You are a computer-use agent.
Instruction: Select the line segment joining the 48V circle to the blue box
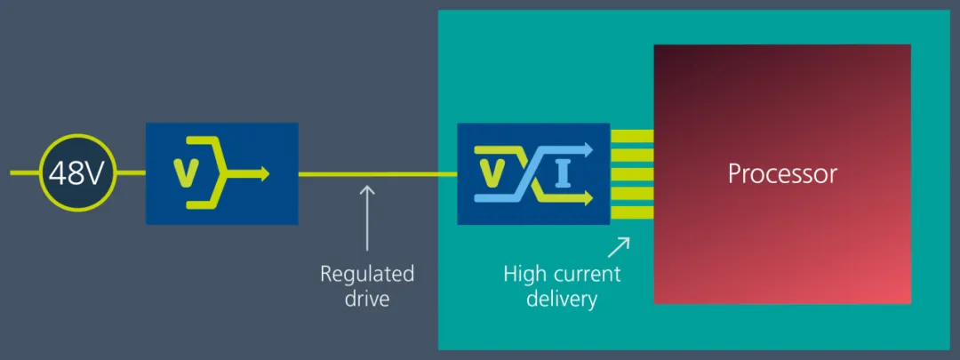[132, 174]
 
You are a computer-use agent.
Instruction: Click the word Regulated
[367, 274]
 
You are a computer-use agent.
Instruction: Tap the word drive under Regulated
[367, 299]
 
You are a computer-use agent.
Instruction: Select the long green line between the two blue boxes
[378, 174]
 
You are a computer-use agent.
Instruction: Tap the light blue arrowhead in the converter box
[586, 149]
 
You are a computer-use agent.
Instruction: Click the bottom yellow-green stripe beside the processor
[632, 212]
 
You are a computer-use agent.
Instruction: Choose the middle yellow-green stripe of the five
[632, 174]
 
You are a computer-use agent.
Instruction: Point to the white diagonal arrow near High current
[619, 246]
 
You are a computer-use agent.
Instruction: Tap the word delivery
[562, 299]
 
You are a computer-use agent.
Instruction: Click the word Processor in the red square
[782, 173]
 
